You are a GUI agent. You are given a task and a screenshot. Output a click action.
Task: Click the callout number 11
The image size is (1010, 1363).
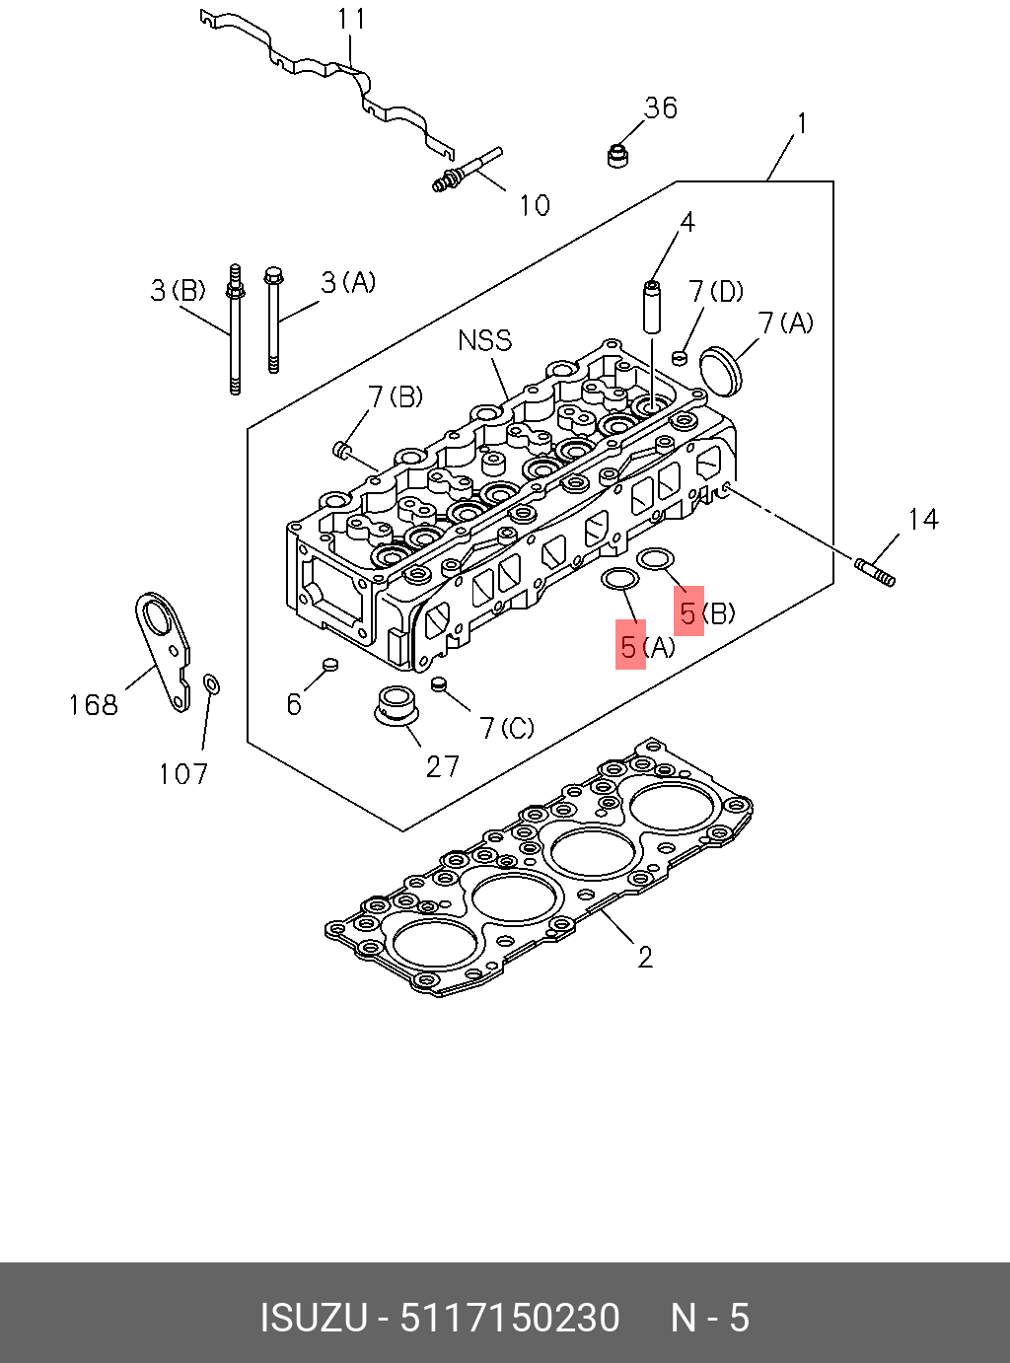click(x=351, y=19)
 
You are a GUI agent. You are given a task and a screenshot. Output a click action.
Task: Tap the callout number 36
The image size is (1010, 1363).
click(x=661, y=108)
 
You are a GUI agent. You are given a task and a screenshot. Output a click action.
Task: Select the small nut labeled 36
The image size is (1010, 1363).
click(x=618, y=155)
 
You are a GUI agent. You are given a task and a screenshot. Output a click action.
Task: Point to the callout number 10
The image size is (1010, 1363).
click(x=535, y=205)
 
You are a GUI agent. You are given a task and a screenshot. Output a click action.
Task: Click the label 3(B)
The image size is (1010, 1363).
click(x=179, y=290)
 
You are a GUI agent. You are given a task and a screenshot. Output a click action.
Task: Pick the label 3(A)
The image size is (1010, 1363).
click(x=348, y=283)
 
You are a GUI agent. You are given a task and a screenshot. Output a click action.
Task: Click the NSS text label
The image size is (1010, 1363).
click(x=485, y=340)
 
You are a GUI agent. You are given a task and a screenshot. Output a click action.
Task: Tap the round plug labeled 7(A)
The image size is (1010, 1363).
click(x=721, y=371)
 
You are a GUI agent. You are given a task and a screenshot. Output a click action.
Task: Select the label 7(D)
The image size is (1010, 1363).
click(x=715, y=291)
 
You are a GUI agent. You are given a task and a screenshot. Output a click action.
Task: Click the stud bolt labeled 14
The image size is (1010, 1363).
click(x=875, y=571)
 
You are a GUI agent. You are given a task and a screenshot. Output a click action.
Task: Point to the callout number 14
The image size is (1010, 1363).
click(x=922, y=520)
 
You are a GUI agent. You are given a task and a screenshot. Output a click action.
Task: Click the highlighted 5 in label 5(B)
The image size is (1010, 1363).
click(x=688, y=612)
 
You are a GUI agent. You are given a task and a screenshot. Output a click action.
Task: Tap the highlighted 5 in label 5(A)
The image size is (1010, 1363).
click(x=630, y=646)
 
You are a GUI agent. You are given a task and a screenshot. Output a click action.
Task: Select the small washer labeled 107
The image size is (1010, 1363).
click(x=211, y=683)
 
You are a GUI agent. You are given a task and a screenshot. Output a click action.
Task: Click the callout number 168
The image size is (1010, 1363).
click(x=93, y=705)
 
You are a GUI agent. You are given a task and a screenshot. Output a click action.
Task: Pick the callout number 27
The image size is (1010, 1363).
click(x=443, y=766)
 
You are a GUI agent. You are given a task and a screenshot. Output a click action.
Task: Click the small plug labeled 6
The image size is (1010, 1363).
click(x=330, y=665)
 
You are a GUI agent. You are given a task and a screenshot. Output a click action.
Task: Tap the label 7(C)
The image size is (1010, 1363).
click(x=507, y=728)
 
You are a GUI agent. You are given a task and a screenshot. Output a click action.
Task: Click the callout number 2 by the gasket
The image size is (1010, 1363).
click(x=645, y=958)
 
